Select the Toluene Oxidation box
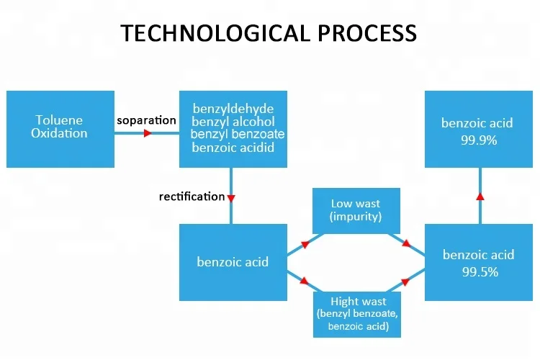pyautogui.click(x=60, y=128)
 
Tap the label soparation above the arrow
pyautogui.click(x=146, y=120)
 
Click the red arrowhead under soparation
pyautogui.click(x=148, y=133)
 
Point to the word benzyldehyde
pyautogui.click(x=233, y=109)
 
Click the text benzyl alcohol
pyautogui.click(x=233, y=122)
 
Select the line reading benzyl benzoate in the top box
pyautogui.click(x=237, y=135)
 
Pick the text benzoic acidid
pyautogui.click(x=233, y=148)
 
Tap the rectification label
pyautogui.click(x=192, y=197)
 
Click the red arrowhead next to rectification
pyautogui.click(x=231, y=197)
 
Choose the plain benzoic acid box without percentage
pyautogui.click(x=233, y=261)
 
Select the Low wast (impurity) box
pyautogui.click(x=355, y=210)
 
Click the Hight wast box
pyautogui.click(x=355, y=314)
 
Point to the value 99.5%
pyautogui.click(x=478, y=272)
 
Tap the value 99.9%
pyautogui.click(x=478, y=140)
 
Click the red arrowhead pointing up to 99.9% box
pyautogui.click(x=480, y=195)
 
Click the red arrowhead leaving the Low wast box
pyautogui.click(x=407, y=243)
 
